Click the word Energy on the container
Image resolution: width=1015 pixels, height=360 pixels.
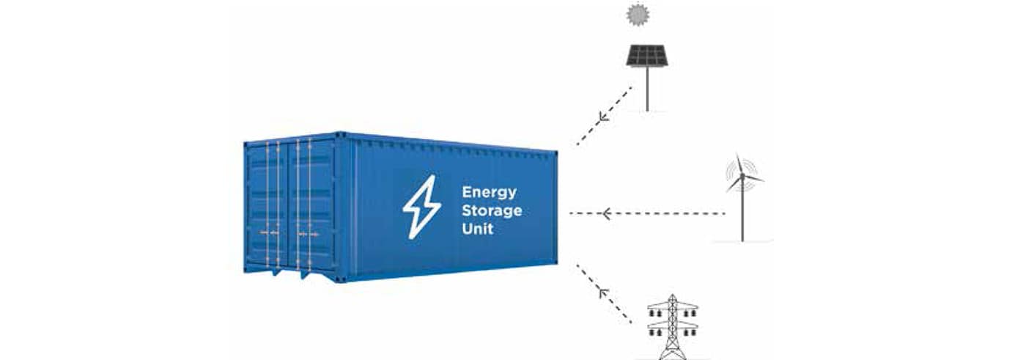pyautogui.click(x=489, y=193)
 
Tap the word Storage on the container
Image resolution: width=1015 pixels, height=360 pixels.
pyautogui.click(x=492, y=211)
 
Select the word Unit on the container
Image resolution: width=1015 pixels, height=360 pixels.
pyautogui.click(x=477, y=229)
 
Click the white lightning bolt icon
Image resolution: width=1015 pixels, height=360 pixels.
pyautogui.click(x=421, y=207)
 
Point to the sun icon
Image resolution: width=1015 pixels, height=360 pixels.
pyautogui.click(x=638, y=15)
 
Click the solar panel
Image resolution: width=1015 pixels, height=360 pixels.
pyautogui.click(x=647, y=55)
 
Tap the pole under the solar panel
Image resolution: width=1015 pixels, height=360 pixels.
pyautogui.click(x=647, y=89)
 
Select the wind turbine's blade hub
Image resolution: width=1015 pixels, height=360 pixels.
pyautogui.click(x=742, y=175)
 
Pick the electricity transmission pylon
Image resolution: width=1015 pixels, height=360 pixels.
pyautogui.click(x=673, y=327)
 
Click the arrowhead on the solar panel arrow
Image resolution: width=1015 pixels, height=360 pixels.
pyautogui.click(x=602, y=117)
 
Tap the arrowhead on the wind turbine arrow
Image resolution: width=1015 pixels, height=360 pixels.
pyautogui.click(x=606, y=213)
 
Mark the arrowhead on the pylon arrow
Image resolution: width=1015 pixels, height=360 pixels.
pyautogui.click(x=602, y=293)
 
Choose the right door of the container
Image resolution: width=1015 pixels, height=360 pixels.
pyautogui.click(x=312, y=205)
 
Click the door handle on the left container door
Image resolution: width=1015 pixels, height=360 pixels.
pyautogui.click(x=270, y=232)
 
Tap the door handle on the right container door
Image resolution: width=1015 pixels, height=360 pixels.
pyautogui.click(x=308, y=235)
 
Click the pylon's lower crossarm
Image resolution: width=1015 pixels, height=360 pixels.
pyautogui.click(x=673, y=326)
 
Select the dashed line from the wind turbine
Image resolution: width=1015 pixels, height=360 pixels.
pyautogui.click(x=648, y=213)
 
